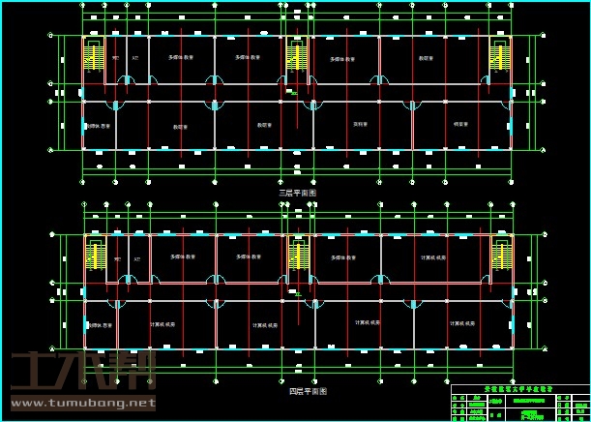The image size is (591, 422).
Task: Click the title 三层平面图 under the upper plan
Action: click(297, 193)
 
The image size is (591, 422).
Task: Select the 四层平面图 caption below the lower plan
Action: click(308, 391)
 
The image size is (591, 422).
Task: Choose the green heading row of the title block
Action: click(519, 389)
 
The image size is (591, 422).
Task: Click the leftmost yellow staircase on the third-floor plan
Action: click(94, 57)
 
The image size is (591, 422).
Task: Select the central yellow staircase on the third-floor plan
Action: click(297, 57)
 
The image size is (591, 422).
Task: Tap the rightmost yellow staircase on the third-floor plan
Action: click(500, 57)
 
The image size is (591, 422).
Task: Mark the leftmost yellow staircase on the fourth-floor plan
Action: click(96, 256)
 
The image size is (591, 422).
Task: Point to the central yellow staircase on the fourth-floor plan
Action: click(299, 256)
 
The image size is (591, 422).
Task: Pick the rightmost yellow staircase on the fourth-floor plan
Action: click(501, 256)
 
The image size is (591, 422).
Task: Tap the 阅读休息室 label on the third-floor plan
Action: click(99, 126)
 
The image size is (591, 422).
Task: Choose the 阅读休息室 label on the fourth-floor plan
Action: click(100, 324)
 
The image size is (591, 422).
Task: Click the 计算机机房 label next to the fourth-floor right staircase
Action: click(433, 257)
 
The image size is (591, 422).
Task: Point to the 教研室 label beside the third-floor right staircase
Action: click(426, 58)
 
